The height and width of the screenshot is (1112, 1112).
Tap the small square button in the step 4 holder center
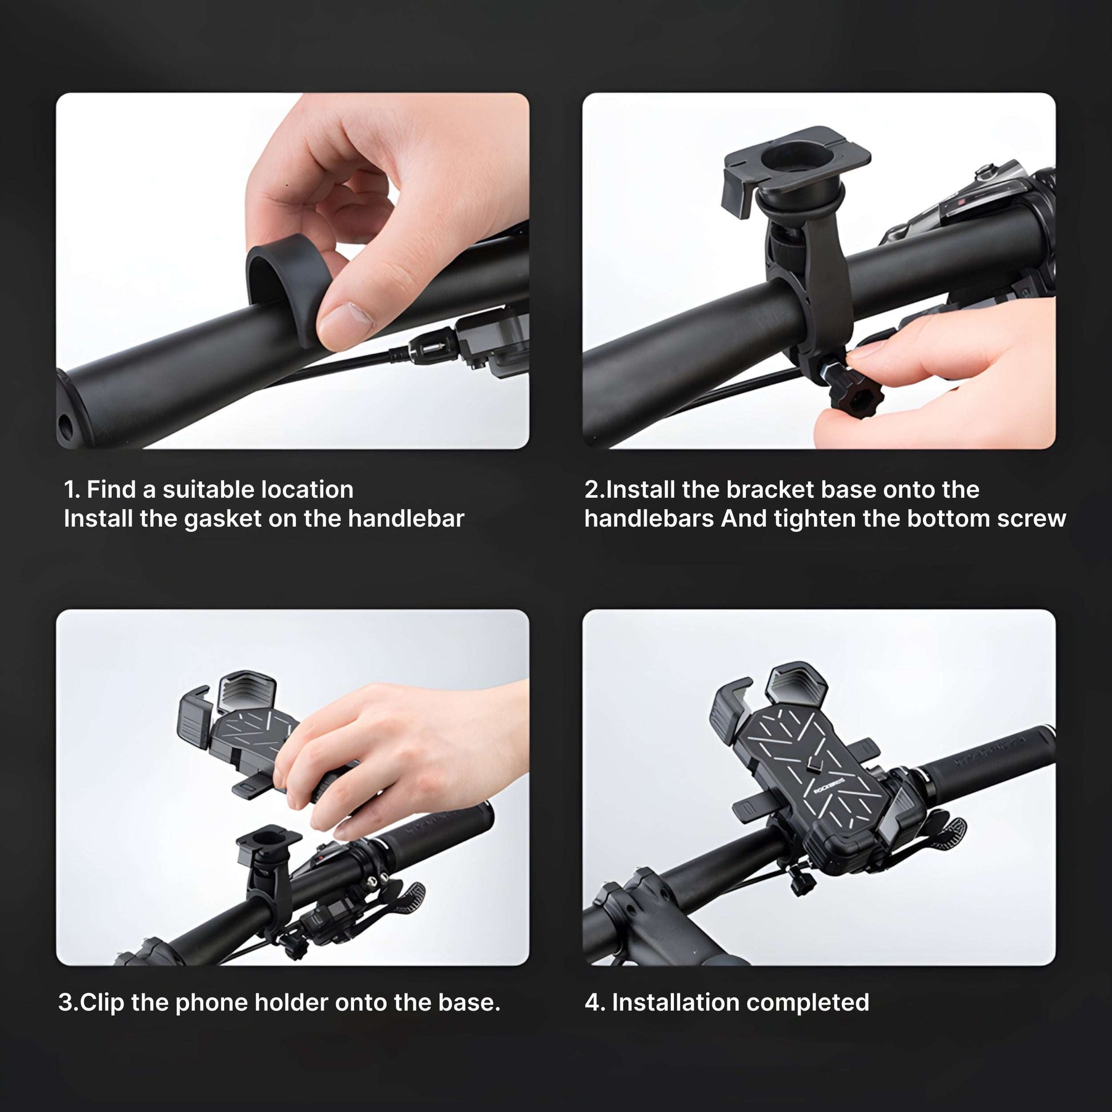tap(814, 767)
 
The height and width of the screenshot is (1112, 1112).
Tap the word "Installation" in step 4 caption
tap(670, 1002)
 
